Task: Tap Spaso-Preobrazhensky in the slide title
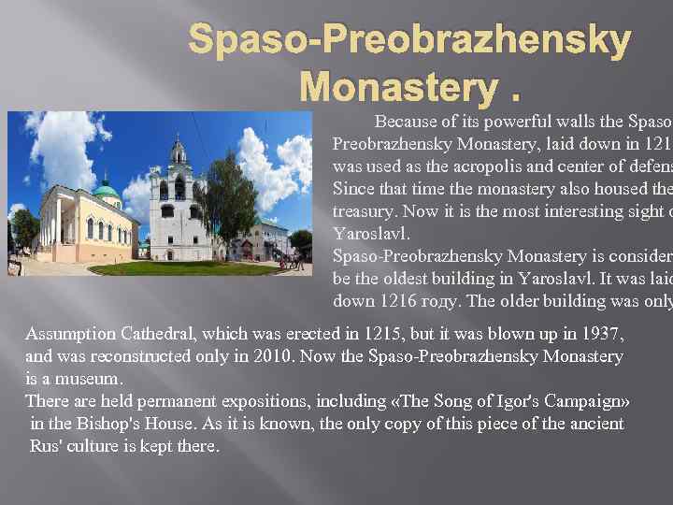pos(409,40)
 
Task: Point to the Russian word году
pos(432,301)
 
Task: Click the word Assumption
pos(71,334)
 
